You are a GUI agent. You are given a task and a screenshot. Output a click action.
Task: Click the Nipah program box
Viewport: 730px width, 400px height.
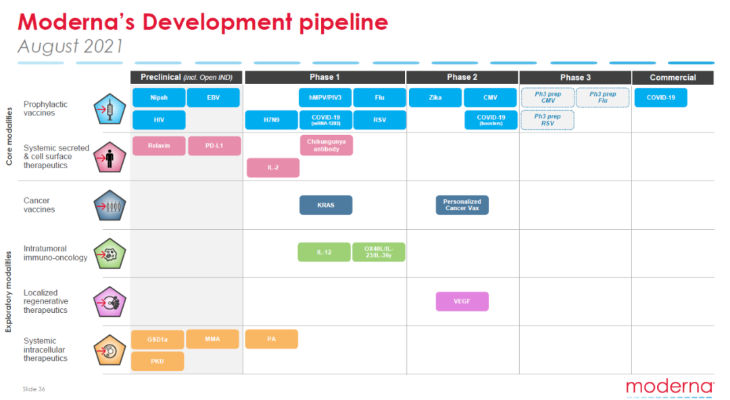[159, 98]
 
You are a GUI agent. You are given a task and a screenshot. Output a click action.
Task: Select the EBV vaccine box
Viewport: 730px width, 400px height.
[213, 98]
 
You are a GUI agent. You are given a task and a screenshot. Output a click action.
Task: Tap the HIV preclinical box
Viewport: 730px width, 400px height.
[159, 120]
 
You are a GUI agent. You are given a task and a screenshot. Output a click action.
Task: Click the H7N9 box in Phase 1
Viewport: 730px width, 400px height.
[272, 120]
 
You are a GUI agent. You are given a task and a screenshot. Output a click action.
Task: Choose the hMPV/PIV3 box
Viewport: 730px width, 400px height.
[325, 98]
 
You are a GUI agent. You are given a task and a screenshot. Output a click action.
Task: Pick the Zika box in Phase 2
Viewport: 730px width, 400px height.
[435, 98]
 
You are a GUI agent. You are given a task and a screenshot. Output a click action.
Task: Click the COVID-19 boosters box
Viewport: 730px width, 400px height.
[491, 120]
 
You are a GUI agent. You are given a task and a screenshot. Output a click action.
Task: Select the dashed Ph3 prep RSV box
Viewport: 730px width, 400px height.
[547, 120]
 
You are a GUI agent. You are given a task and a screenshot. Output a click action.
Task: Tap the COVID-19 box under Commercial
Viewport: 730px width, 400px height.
[660, 98]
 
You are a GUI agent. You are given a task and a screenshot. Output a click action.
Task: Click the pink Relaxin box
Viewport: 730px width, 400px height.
[159, 146]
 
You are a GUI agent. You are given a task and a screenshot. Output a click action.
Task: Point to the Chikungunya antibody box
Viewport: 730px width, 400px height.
[326, 145]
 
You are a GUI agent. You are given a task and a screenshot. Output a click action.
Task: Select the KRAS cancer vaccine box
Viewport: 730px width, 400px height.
[326, 205]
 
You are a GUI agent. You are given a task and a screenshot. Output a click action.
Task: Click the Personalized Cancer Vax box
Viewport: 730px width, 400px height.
[462, 205]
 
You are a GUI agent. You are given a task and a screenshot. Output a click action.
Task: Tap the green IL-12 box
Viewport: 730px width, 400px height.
[324, 252]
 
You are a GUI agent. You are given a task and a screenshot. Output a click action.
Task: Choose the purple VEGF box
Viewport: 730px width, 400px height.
[462, 301]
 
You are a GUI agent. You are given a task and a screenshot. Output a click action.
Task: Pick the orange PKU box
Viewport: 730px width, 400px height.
[157, 361]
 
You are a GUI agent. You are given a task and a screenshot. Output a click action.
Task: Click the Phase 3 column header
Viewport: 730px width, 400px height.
[575, 77]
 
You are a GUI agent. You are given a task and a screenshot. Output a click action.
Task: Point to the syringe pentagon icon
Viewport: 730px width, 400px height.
[110, 109]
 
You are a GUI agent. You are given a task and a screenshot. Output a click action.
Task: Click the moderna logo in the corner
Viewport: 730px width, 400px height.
[670, 387]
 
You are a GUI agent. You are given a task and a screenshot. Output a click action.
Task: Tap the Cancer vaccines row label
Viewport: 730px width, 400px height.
[39, 205]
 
